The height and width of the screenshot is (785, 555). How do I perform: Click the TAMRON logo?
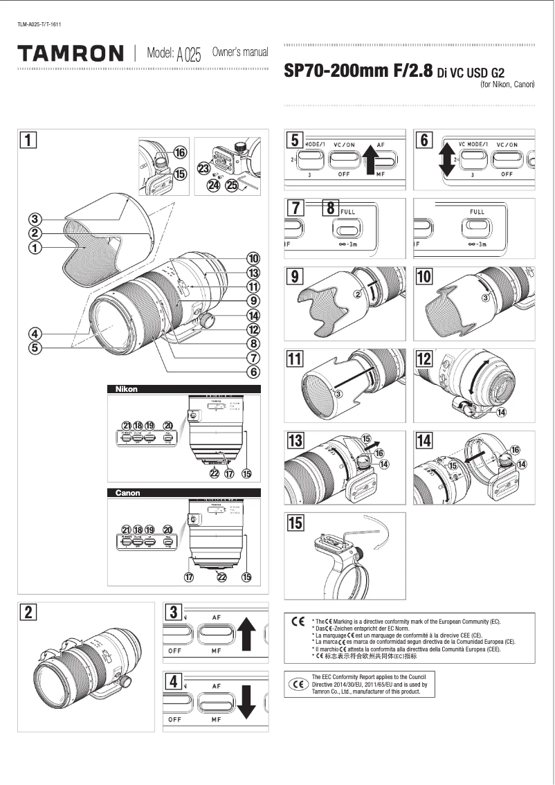(x=71, y=53)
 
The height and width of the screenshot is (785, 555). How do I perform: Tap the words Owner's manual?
(x=239, y=53)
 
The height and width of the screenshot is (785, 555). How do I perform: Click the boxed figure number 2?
(x=28, y=612)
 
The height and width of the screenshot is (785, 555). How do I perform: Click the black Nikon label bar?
(x=183, y=389)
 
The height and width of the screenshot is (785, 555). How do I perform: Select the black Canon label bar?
(x=183, y=493)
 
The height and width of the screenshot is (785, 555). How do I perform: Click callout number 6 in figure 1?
(x=255, y=372)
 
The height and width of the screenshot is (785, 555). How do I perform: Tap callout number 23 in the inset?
(x=204, y=168)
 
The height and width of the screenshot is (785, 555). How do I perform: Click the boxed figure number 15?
(x=295, y=523)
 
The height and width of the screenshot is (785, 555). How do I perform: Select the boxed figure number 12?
(x=424, y=359)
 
